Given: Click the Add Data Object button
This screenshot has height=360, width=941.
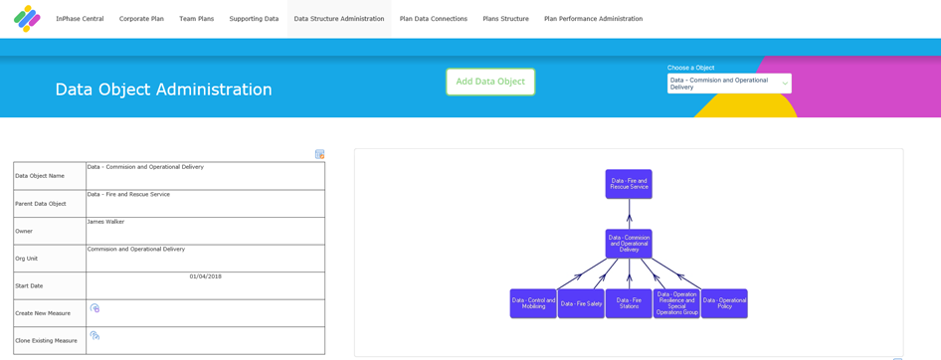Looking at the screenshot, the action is point(490,82).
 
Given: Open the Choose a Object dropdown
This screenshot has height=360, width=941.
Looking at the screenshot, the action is point(729,84).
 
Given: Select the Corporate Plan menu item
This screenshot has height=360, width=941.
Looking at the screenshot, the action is point(141,19).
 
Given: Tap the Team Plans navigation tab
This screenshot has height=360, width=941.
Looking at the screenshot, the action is point(196,19).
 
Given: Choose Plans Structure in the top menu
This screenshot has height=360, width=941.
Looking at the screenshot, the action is point(506,19).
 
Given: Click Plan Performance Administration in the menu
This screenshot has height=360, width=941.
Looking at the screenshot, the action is point(594,19).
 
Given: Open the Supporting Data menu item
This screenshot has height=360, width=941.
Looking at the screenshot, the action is point(254,19).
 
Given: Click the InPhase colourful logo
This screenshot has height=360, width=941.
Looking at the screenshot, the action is point(27,19).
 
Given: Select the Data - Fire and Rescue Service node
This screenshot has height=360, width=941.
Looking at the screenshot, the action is point(629,184).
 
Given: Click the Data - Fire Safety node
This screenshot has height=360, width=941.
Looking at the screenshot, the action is point(581,303).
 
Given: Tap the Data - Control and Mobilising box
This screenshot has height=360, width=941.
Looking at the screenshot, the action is point(533,303).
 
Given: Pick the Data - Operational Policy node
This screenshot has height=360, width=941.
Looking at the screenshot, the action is point(724,303).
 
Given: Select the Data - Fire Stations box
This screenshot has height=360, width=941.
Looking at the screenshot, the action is point(629,303).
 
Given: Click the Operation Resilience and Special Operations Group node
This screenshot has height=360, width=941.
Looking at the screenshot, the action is point(677,303).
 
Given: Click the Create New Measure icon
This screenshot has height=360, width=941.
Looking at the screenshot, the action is point(94,308).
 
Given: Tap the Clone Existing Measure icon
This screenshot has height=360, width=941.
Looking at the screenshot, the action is point(94,336).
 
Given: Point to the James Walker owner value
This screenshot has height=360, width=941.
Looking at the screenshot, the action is point(105,222).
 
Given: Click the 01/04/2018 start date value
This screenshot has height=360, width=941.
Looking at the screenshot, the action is point(206,276).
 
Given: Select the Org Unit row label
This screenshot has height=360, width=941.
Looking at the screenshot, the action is point(26,259).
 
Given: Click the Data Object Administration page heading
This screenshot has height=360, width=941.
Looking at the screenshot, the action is point(164,90).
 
